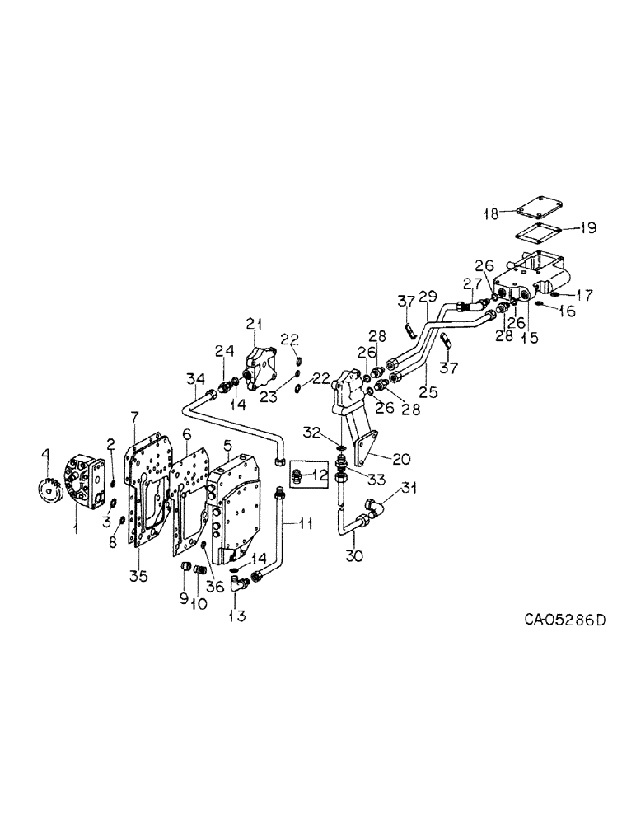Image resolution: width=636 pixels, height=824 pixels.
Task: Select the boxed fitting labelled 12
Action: point(302,476)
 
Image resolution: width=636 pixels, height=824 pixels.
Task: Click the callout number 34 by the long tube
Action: point(194,379)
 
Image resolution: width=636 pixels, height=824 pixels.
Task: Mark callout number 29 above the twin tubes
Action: point(427,296)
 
